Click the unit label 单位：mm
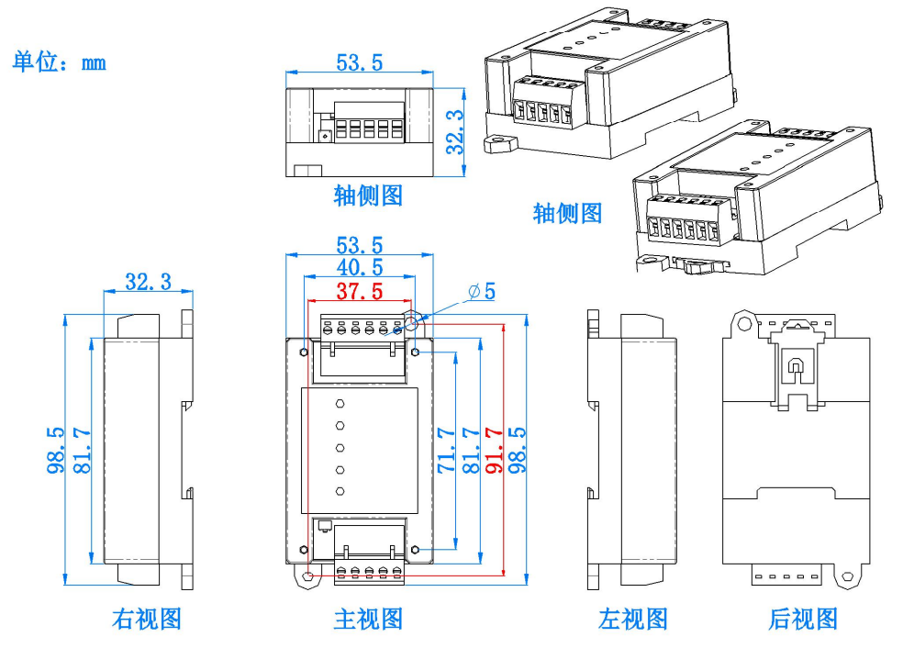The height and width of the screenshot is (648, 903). (x=59, y=62)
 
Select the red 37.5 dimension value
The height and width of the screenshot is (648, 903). (x=359, y=292)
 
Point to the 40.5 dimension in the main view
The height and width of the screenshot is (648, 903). (x=359, y=268)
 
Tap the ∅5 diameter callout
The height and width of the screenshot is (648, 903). (x=482, y=291)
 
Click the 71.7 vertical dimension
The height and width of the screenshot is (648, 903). (x=447, y=450)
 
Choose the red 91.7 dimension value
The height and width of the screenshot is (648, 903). (x=495, y=450)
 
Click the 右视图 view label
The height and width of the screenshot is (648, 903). (x=147, y=619)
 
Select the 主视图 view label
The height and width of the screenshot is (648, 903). (x=368, y=619)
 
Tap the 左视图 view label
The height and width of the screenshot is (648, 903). (x=633, y=619)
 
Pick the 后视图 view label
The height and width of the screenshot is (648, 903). (x=803, y=619)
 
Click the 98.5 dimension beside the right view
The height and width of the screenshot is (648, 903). (x=55, y=450)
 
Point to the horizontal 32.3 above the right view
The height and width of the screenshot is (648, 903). (x=149, y=282)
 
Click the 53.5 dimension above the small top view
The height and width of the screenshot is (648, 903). (x=359, y=62)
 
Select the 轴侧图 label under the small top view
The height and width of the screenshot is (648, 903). (x=368, y=195)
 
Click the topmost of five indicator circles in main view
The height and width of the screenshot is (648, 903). (x=340, y=404)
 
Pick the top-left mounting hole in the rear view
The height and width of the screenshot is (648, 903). (x=742, y=321)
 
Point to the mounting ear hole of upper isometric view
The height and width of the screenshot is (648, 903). (x=500, y=144)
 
